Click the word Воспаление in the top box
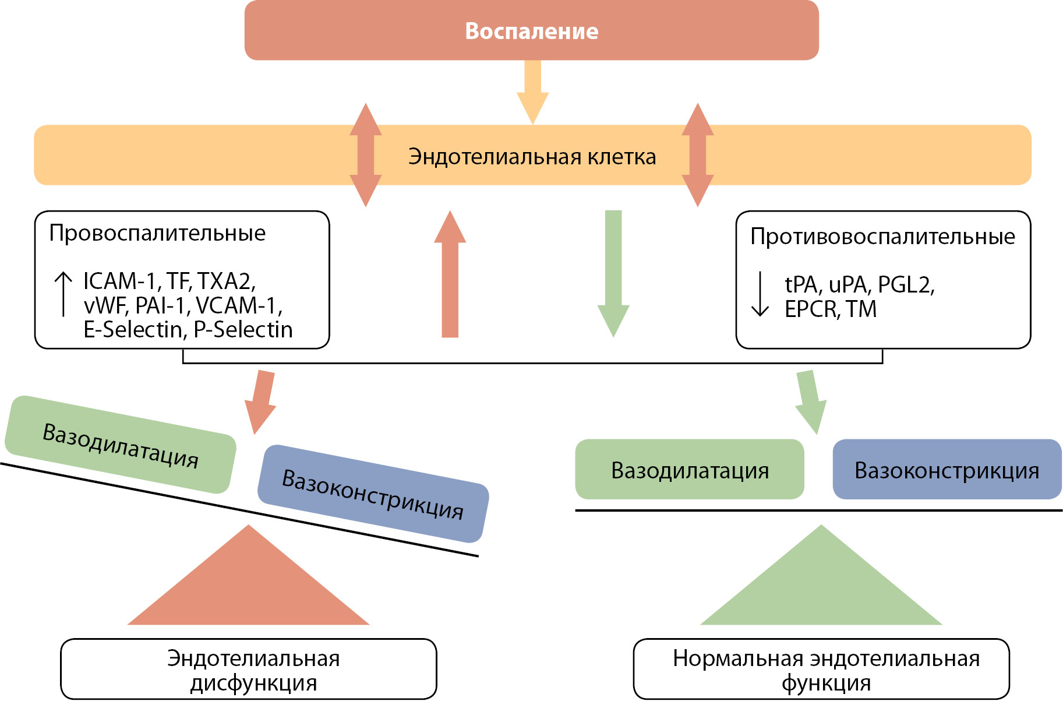click(531, 31)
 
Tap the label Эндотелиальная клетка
click(532, 157)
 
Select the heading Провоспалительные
click(157, 233)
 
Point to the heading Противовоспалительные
click(882, 237)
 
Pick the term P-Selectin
click(243, 330)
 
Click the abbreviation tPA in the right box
click(803, 285)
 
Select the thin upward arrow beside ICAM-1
click(63, 294)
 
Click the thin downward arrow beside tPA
click(760, 294)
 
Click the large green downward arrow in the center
click(613, 274)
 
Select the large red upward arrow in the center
click(450, 274)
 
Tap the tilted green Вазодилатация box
click(121, 445)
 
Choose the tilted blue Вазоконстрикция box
click(373, 494)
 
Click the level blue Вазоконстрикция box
click(947, 470)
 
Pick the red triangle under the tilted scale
click(249, 589)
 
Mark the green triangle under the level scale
click(821, 589)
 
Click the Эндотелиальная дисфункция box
click(249, 670)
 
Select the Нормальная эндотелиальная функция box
click(821, 670)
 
